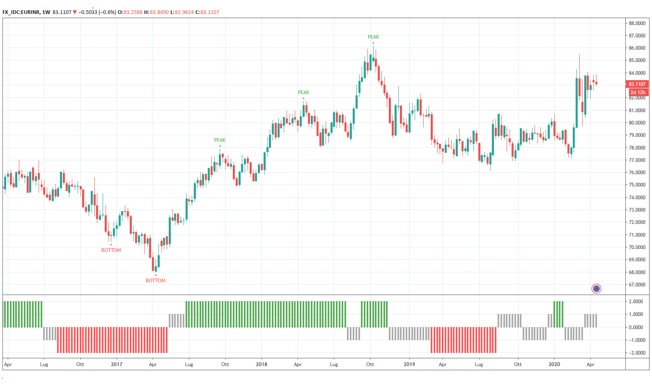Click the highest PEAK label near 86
tap(373, 37)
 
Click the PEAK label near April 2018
tap(303, 92)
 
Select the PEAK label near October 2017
tap(220, 140)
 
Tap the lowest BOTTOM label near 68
tap(156, 281)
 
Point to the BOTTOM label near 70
tap(111, 250)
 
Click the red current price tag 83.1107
tap(637, 84)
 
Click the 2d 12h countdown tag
tap(638, 92)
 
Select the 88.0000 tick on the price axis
tap(637, 23)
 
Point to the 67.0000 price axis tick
tap(637, 285)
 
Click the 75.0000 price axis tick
tap(637, 185)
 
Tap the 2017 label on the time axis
tap(117, 364)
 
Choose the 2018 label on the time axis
tap(262, 364)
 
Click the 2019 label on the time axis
tap(409, 364)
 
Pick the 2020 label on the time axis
tap(554, 364)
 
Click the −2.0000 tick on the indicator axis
tap(636, 353)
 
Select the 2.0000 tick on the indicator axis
tap(636, 302)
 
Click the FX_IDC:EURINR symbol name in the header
tap(21, 12)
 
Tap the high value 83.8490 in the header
tap(159, 12)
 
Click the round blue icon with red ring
tap(596, 289)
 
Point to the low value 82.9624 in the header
tap(184, 12)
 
